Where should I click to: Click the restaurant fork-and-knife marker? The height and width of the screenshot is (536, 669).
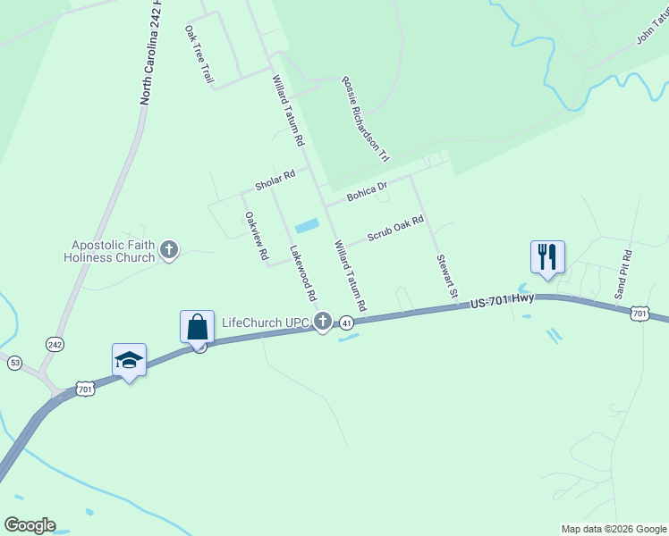[x=546, y=256]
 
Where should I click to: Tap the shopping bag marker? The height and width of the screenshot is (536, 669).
[x=197, y=327]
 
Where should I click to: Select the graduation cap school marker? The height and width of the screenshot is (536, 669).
[x=129, y=360]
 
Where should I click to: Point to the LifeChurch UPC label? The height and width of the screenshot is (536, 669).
[x=265, y=322]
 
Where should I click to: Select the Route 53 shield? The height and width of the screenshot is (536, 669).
[x=14, y=362]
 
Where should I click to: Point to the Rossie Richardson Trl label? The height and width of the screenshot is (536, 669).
[x=365, y=118]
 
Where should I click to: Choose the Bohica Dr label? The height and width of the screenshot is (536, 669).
[x=367, y=189]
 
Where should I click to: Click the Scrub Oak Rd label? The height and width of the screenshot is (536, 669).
[x=394, y=229]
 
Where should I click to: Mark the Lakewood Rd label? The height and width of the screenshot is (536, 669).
[x=303, y=272]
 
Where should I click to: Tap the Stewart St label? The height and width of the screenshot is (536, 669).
[x=446, y=276]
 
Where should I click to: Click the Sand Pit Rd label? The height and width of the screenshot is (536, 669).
[x=622, y=273]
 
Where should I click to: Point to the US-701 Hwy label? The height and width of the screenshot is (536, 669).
[x=501, y=303]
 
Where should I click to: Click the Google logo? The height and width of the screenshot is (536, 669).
[x=30, y=524]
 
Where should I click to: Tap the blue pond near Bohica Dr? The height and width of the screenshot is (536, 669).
[x=306, y=225]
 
